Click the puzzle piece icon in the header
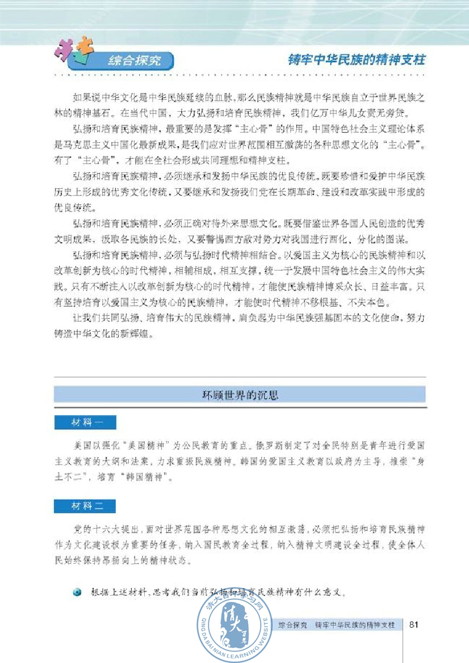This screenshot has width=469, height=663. click(73, 50)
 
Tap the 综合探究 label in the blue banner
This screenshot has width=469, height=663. click(134, 60)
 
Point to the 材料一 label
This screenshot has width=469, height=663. click(85, 423)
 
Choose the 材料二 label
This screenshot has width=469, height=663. click(85, 505)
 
